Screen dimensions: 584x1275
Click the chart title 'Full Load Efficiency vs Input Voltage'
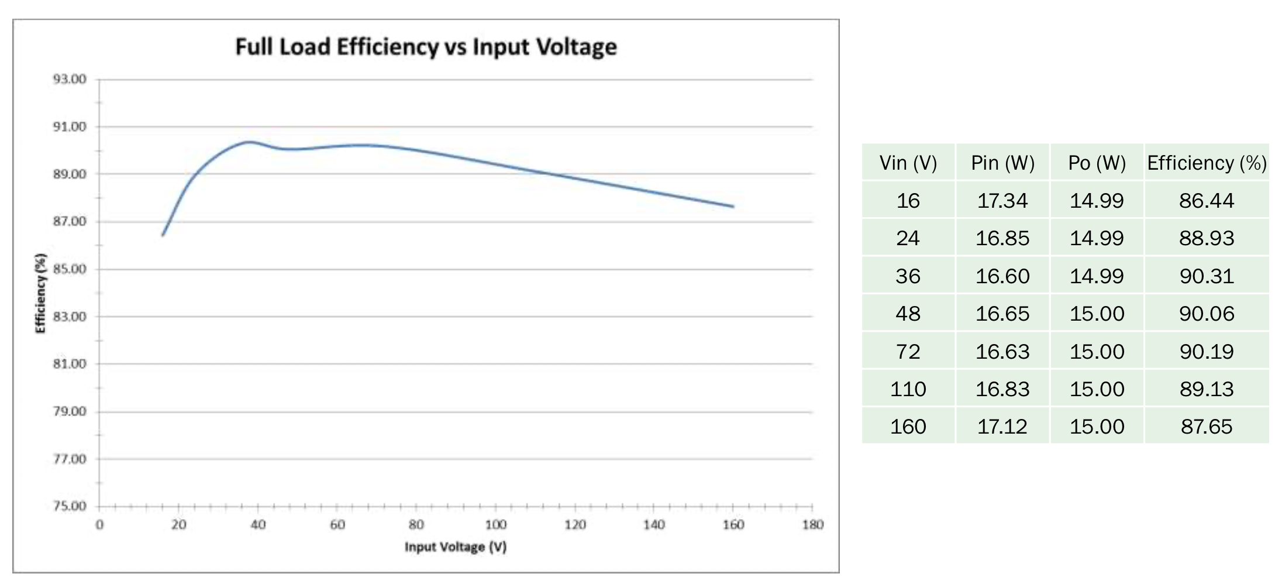(x=426, y=47)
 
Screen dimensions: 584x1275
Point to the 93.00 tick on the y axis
(x=70, y=79)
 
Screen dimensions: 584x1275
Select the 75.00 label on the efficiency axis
(x=70, y=506)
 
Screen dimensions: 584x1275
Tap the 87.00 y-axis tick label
(x=70, y=221)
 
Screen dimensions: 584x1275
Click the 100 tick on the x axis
(x=495, y=524)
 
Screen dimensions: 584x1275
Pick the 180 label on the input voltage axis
(x=812, y=524)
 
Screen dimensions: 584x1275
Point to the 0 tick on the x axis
(x=99, y=524)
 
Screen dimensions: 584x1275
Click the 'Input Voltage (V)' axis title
(x=456, y=547)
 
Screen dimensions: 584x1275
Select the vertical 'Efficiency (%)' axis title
(x=40, y=293)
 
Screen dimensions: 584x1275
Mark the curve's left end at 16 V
(x=163, y=235)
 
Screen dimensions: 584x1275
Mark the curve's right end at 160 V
(x=733, y=206)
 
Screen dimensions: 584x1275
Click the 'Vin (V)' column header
(x=908, y=163)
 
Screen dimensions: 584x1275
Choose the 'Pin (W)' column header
(x=1002, y=163)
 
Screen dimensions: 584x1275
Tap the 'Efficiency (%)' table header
(x=1207, y=163)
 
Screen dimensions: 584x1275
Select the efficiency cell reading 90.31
(x=1207, y=276)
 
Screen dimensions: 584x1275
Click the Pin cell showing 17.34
(x=1002, y=201)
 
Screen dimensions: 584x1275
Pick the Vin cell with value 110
(x=908, y=389)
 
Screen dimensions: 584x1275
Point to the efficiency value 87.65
(x=1207, y=426)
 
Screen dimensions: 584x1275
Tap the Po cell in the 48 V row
(x=1097, y=314)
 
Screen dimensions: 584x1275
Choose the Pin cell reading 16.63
(x=1002, y=351)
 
